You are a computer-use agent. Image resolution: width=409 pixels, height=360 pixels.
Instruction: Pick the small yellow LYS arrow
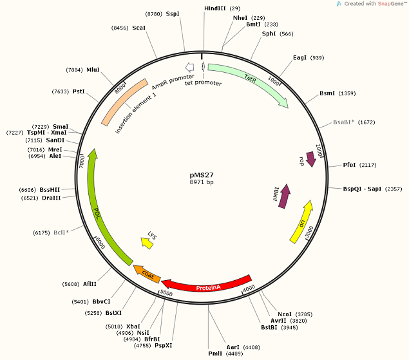tap(149, 242)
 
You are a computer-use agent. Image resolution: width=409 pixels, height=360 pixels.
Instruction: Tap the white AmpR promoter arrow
tap(189, 67)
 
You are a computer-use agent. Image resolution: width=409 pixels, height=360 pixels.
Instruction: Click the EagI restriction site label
tap(300, 58)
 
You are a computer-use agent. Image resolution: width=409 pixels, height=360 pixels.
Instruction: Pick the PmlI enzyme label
tap(214, 353)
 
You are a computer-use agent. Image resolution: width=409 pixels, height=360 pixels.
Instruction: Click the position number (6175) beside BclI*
tap(41, 232)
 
